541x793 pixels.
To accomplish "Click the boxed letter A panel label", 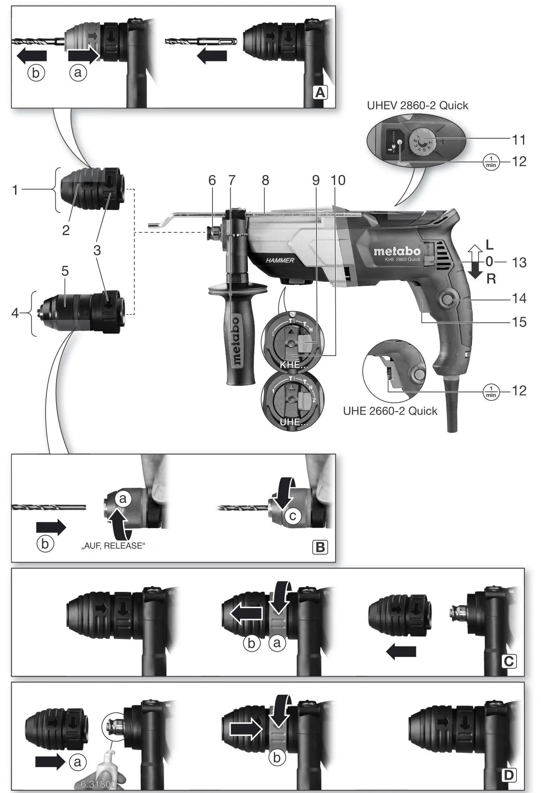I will click(x=320, y=92).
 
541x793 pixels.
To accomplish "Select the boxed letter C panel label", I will click(x=509, y=661).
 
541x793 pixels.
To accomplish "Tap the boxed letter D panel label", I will click(x=509, y=775).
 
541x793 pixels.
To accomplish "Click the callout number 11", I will click(x=519, y=140).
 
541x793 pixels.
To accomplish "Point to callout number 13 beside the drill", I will click(x=519, y=262).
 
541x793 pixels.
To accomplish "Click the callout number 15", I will click(x=519, y=322).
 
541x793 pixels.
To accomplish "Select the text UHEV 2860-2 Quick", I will click(x=417, y=105).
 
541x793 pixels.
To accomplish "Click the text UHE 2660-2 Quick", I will click(x=390, y=411).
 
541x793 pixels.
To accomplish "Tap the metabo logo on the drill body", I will click(x=397, y=251).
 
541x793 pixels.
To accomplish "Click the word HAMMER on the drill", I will click(x=280, y=260).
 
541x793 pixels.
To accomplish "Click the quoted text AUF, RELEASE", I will click(x=113, y=545).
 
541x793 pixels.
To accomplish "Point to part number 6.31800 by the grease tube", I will click(x=98, y=784).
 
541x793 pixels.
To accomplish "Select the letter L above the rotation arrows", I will click(x=489, y=245).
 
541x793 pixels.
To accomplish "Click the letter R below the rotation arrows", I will click(x=491, y=279).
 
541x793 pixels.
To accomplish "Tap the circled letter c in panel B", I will click(x=293, y=516).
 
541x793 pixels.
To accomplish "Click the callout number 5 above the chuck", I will click(x=65, y=271).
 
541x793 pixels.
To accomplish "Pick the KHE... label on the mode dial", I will click(x=293, y=365).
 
